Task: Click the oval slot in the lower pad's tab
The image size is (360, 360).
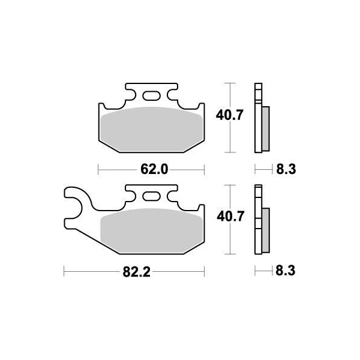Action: tap(151, 196)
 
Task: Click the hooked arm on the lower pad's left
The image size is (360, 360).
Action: tap(75, 207)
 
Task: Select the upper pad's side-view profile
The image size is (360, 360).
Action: tap(259, 117)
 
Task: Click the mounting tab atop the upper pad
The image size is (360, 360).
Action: tap(151, 93)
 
